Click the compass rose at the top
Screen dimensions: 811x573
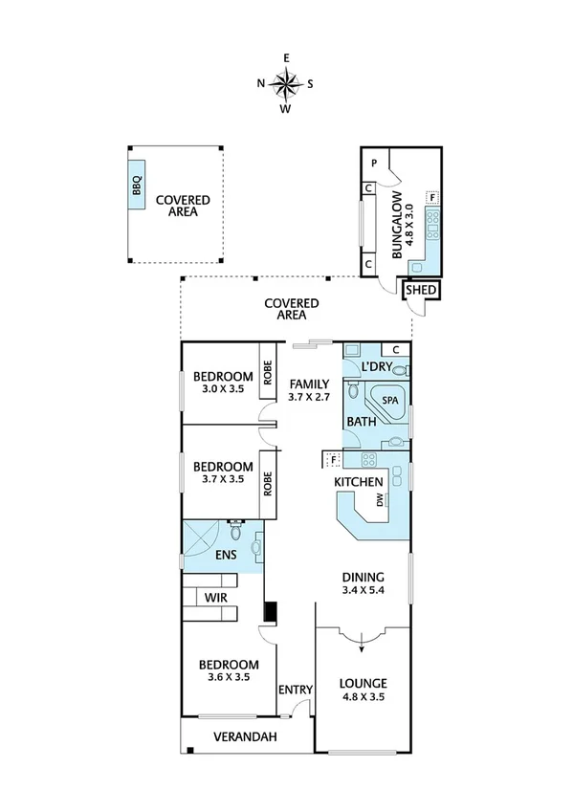(285, 83)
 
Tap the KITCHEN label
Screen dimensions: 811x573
(359, 481)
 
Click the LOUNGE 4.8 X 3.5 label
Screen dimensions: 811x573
(363, 690)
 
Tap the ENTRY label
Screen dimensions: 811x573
(293, 690)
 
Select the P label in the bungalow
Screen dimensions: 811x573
(375, 164)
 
